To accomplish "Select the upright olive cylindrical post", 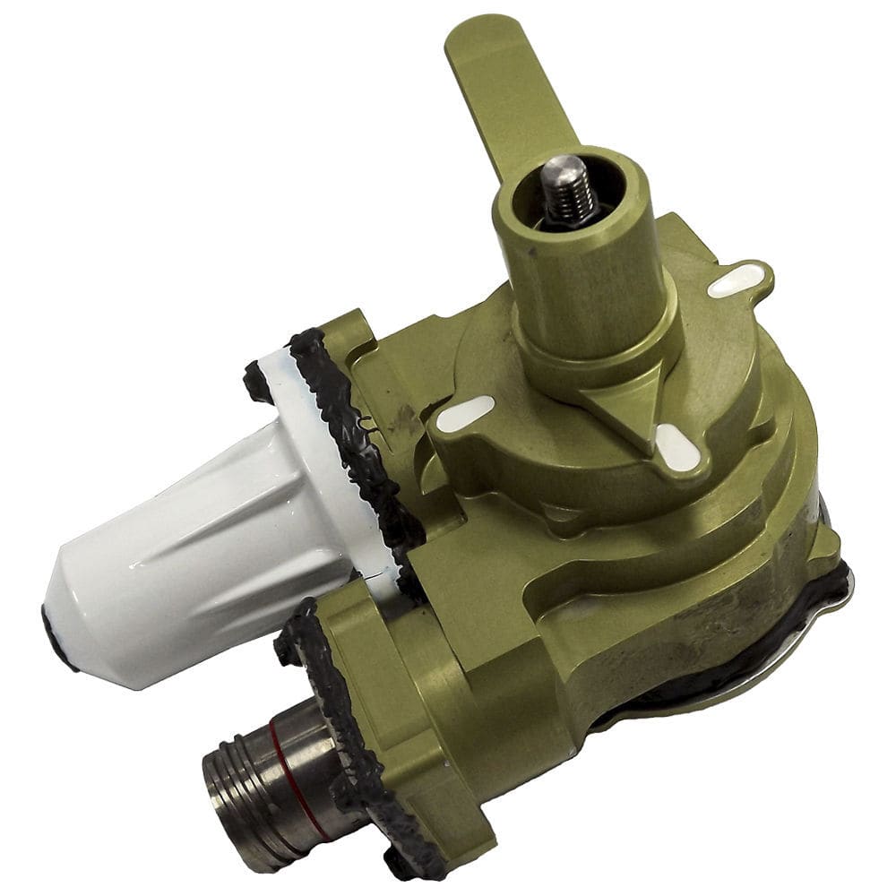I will [583, 269].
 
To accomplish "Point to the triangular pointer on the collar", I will [633, 403].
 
